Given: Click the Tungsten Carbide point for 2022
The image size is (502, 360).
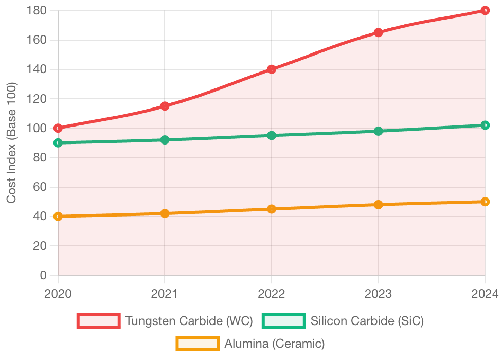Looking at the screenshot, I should coord(272,69).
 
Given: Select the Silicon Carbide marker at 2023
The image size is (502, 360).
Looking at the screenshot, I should coord(379,131).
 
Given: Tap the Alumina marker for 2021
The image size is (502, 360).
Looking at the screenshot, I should coord(165,213).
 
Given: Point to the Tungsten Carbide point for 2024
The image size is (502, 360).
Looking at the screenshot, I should coord(485,10).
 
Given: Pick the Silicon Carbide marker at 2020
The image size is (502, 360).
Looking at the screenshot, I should coord(58,142).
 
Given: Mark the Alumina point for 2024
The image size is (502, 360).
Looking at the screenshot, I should coord(485,202).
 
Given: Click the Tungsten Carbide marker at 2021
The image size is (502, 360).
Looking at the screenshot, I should coord(165,106).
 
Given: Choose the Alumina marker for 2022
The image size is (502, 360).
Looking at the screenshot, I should coord(272,209).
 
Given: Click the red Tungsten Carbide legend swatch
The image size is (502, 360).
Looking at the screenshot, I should coord(98,321).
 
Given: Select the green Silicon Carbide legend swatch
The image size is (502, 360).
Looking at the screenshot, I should coord(283,321).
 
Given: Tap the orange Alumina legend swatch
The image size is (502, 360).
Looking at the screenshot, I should coord(198,343).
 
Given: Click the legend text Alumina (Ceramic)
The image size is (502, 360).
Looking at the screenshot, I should coord(275,343).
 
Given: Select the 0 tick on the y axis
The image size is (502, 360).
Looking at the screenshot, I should coord(44,275).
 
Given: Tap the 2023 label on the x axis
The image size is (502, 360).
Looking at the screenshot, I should coord(379,294).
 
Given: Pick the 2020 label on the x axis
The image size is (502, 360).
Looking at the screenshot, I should coord(58,294).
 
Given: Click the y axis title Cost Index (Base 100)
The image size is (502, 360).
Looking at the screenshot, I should coord(11,142).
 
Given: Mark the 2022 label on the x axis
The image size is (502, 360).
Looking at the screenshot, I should coord(272,294).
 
